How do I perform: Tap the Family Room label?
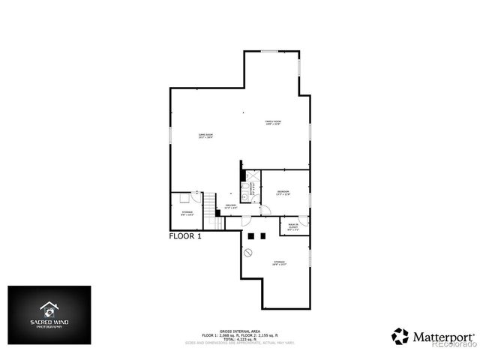272,122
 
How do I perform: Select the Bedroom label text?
283,193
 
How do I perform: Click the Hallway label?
231,207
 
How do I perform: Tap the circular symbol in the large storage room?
248,253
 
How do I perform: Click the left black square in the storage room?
252,236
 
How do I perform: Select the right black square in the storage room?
263,236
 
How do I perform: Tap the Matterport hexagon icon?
400,336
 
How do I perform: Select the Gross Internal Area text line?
239,329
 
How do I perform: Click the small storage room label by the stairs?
187,213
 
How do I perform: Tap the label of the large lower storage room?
279,262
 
